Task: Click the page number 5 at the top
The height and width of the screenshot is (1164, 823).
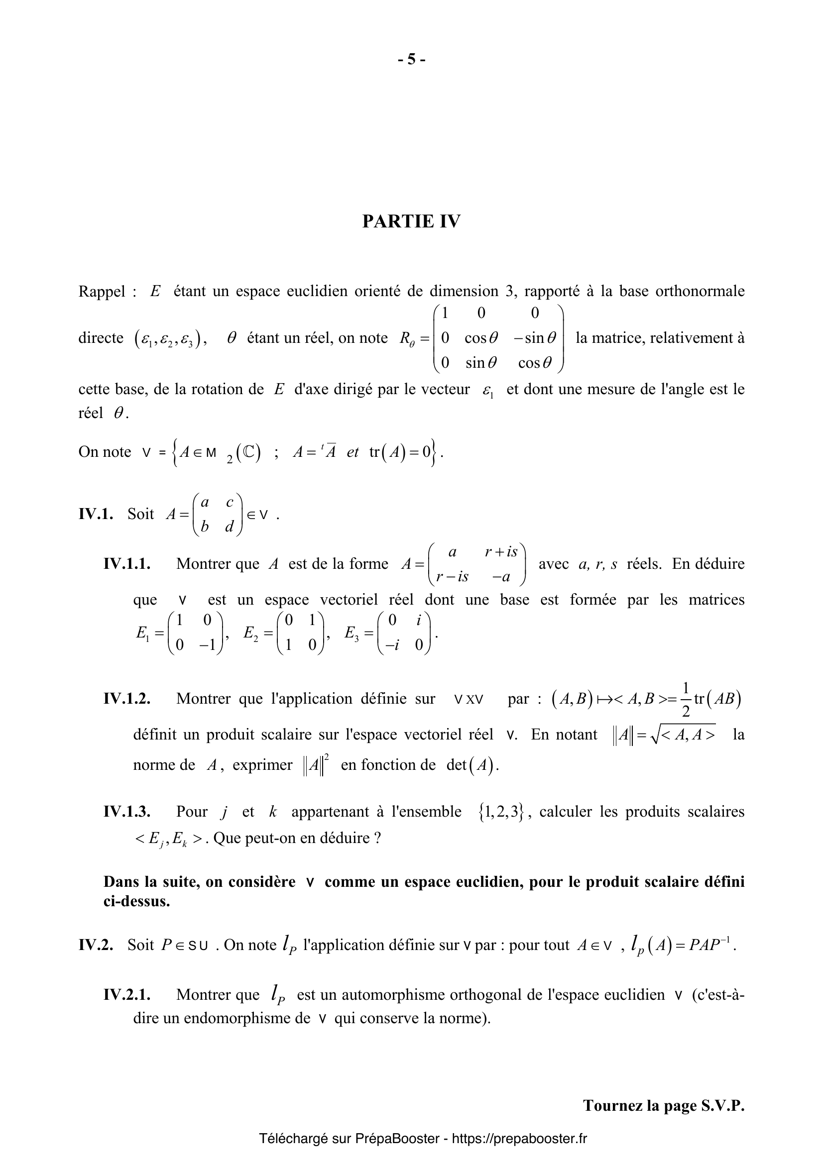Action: click(411, 60)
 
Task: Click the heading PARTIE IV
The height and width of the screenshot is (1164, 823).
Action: click(411, 221)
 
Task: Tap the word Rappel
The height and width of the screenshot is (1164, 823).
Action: click(102, 292)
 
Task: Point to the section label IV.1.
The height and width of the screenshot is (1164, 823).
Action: click(96, 514)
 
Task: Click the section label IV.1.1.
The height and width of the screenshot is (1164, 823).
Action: click(127, 564)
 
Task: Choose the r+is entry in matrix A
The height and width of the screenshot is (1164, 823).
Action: click(500, 551)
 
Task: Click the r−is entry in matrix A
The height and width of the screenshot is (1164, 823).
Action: click(452, 576)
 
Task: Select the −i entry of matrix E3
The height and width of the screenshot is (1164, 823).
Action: click(391, 644)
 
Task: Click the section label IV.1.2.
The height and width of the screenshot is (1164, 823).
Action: click(127, 699)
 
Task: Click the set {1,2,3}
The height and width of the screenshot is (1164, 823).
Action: click(500, 812)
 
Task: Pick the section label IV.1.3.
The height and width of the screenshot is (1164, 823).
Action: click(127, 812)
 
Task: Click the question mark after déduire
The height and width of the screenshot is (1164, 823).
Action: click(377, 838)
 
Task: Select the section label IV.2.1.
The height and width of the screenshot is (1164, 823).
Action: click(127, 995)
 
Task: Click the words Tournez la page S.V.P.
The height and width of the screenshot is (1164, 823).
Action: click(663, 1106)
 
